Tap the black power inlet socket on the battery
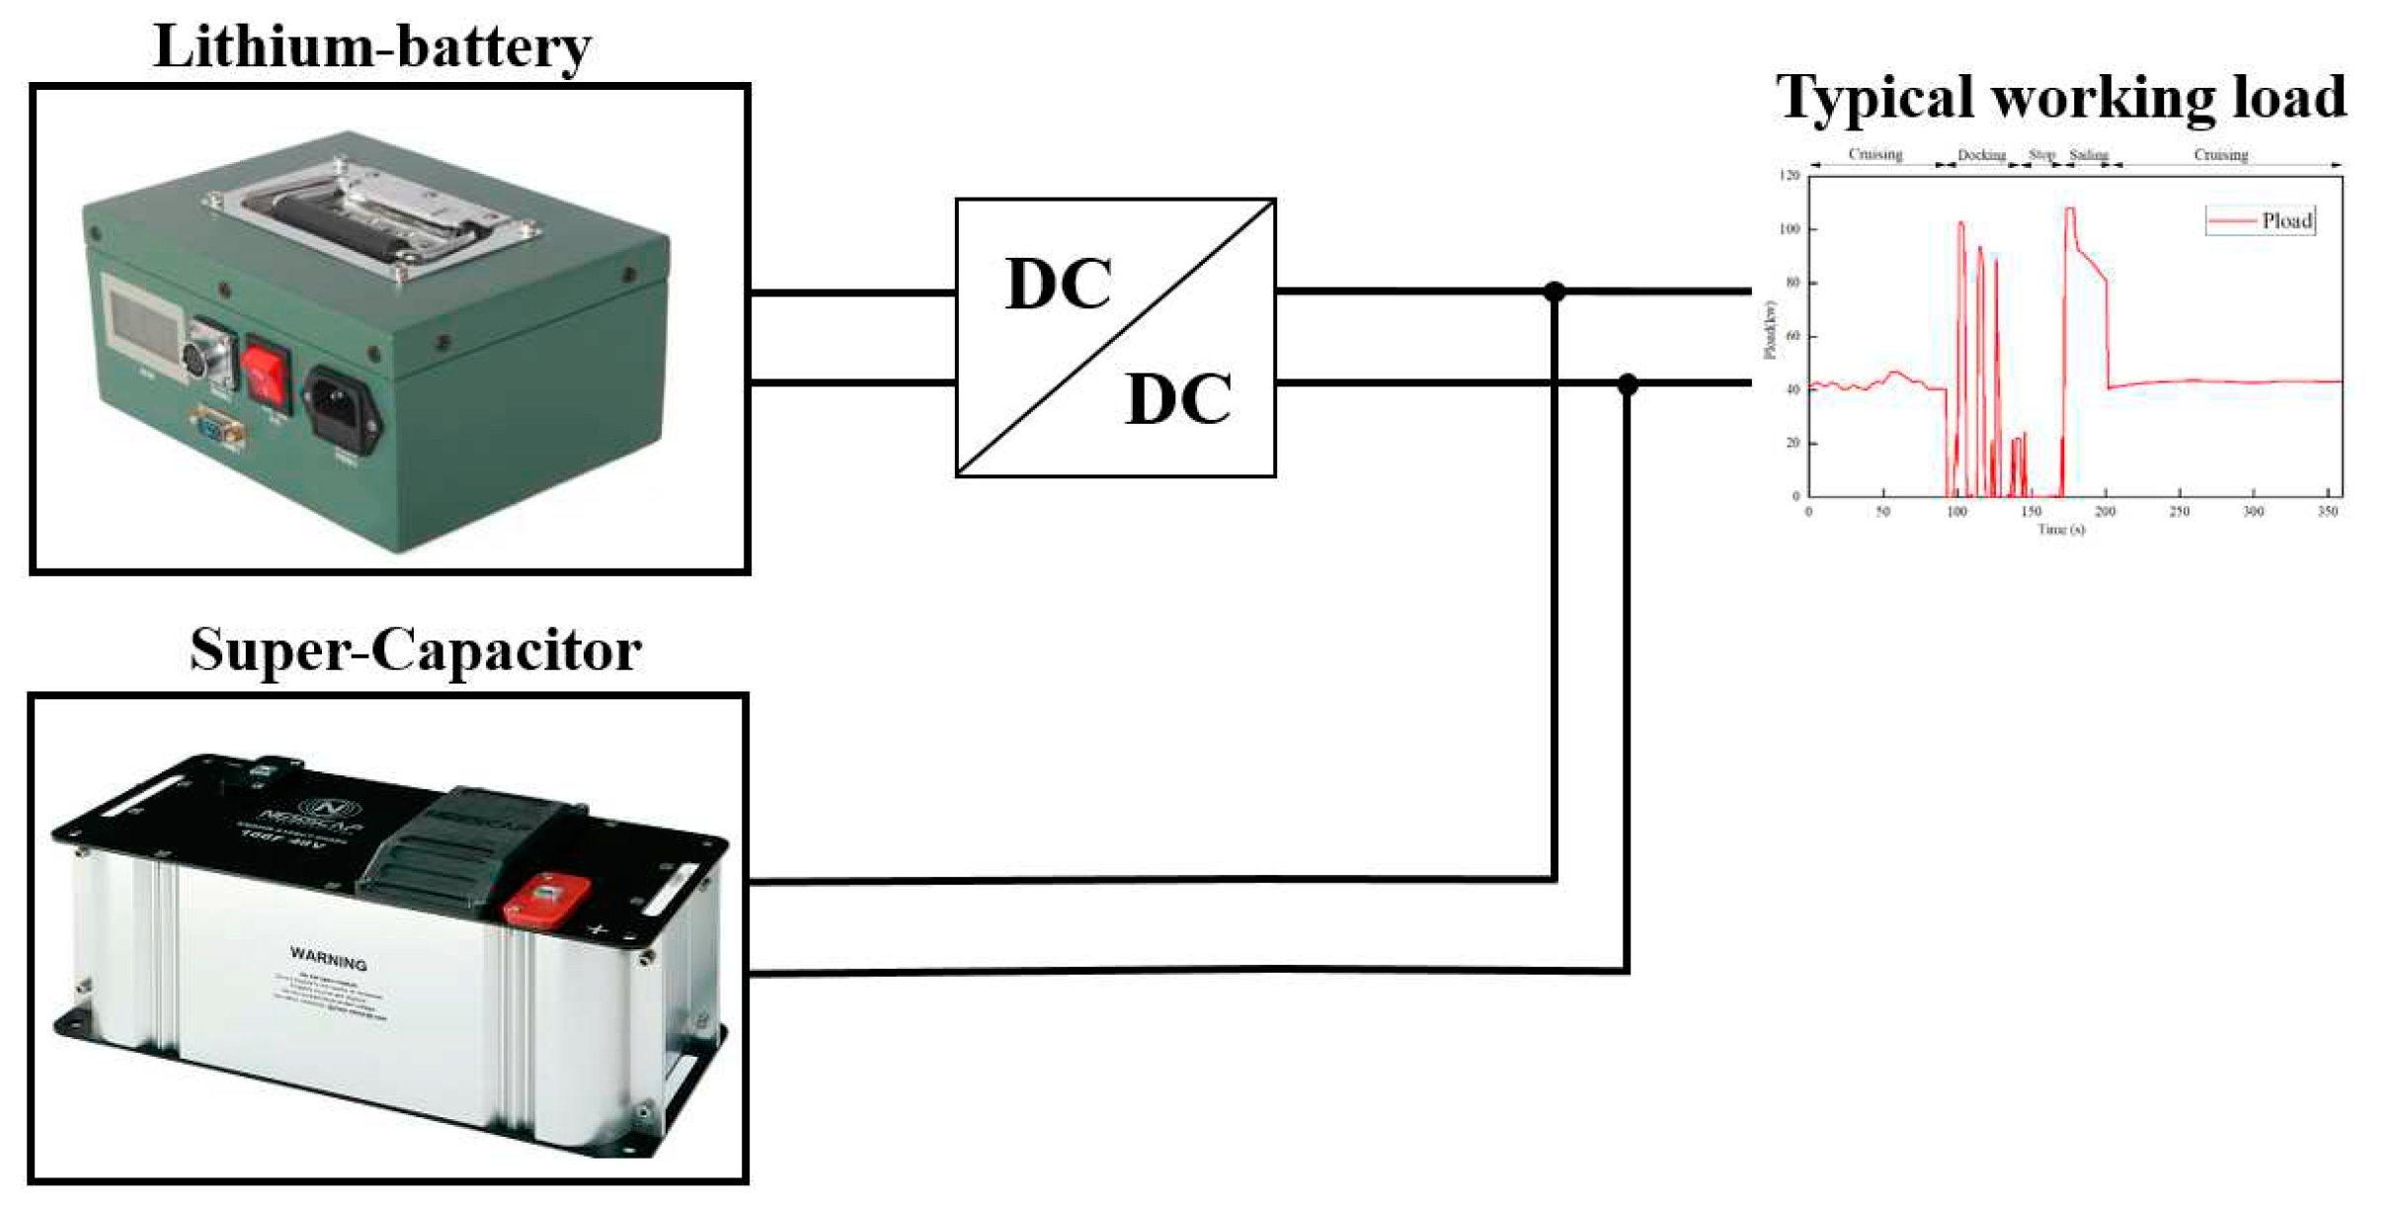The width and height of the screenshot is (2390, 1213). pyautogui.click(x=341, y=408)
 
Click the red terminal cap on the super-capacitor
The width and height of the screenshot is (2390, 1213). pyautogui.click(x=546, y=898)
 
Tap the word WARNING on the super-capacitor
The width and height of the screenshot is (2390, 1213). pyautogui.click(x=328, y=958)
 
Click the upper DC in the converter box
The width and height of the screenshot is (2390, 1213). pyautogui.click(x=1058, y=284)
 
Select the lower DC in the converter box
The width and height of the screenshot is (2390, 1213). pyautogui.click(x=1177, y=400)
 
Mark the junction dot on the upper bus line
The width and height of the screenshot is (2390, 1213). pyautogui.click(x=1554, y=291)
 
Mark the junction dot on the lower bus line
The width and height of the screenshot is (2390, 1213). pyautogui.click(x=1628, y=383)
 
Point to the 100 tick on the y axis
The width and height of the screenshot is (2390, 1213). pyautogui.click(x=1790, y=229)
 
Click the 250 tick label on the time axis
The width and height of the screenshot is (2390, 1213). pyautogui.click(x=2179, y=512)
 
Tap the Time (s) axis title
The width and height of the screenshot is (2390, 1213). pyautogui.click(x=2061, y=529)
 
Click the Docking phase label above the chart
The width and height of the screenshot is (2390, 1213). pyautogui.click(x=1981, y=155)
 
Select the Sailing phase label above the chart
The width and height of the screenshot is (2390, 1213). pyautogui.click(x=2088, y=155)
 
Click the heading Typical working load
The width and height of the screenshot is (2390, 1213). pyautogui.click(x=2060, y=97)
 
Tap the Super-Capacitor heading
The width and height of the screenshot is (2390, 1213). pyautogui.click(x=415, y=650)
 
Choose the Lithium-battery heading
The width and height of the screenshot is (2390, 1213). pyautogui.click(x=372, y=46)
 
